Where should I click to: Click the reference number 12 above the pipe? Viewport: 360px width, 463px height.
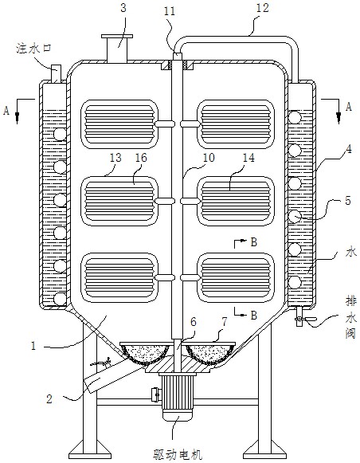pyautogui.click(x=262, y=8)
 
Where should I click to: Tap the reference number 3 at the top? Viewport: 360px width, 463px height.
pyautogui.click(x=123, y=8)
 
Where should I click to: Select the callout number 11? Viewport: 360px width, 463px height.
pyautogui.click(x=170, y=11)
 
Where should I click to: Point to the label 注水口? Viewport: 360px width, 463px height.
pyautogui.click(x=34, y=48)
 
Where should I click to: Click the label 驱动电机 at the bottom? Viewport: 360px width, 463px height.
pyautogui.click(x=178, y=454)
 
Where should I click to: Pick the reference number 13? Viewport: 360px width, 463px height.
pyautogui.click(x=115, y=158)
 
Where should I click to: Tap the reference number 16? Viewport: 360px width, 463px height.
pyautogui.click(x=141, y=158)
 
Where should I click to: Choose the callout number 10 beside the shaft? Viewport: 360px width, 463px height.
pyautogui.click(x=209, y=158)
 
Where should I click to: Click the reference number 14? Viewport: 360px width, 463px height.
pyautogui.click(x=248, y=158)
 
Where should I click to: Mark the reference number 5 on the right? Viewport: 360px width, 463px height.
pyautogui.click(x=349, y=201)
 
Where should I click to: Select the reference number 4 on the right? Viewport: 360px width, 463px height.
pyautogui.click(x=349, y=149)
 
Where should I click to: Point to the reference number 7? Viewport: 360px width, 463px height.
pyautogui.click(x=225, y=322)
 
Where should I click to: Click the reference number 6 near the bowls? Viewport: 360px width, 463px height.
pyautogui.click(x=193, y=322)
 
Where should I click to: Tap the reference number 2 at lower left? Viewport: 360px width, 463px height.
pyautogui.click(x=49, y=399)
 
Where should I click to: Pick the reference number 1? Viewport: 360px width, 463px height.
pyautogui.click(x=33, y=346)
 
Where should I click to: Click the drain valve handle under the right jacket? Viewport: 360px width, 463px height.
pyautogui.click(x=310, y=319)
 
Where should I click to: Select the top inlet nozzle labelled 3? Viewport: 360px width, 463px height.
pyautogui.click(x=117, y=49)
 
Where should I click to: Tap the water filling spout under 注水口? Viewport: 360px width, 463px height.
pyautogui.click(x=56, y=74)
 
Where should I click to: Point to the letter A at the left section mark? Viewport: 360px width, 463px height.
pyautogui.click(x=6, y=111)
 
